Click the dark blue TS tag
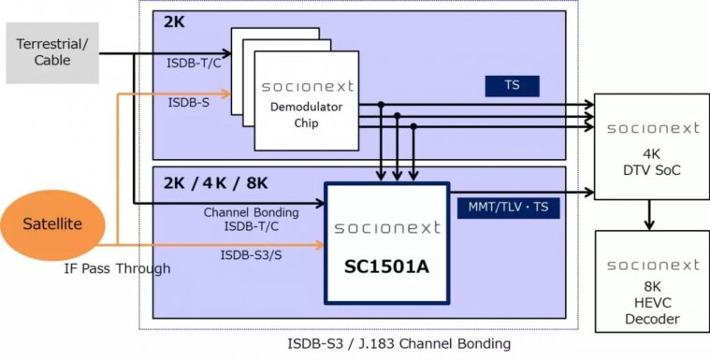click(x=512, y=86)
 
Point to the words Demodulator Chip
click(x=307, y=114)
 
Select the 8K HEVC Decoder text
click(x=651, y=305)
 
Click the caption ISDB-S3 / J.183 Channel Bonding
click(x=398, y=343)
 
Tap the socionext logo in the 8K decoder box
click(x=651, y=266)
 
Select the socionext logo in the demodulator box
click(x=307, y=86)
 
